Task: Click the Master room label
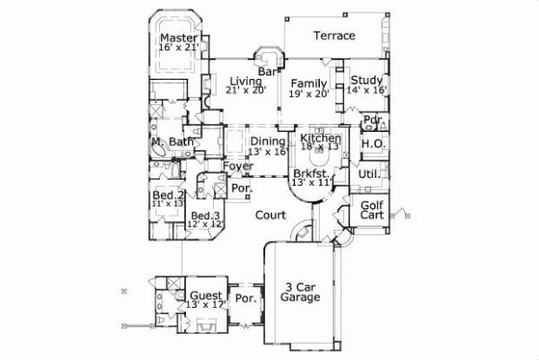click(x=179, y=39)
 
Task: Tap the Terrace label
click(x=333, y=36)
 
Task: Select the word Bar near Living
click(x=266, y=71)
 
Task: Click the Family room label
click(x=308, y=82)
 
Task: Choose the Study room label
click(x=367, y=80)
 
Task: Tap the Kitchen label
click(x=320, y=138)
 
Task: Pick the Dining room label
click(x=268, y=142)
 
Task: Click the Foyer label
click(x=238, y=167)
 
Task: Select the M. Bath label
click(x=172, y=142)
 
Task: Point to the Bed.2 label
click(x=168, y=196)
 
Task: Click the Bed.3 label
click(x=206, y=216)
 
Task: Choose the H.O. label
click(x=374, y=144)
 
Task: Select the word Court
click(x=269, y=215)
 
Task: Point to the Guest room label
click(x=207, y=295)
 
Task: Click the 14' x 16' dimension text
click(x=367, y=91)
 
